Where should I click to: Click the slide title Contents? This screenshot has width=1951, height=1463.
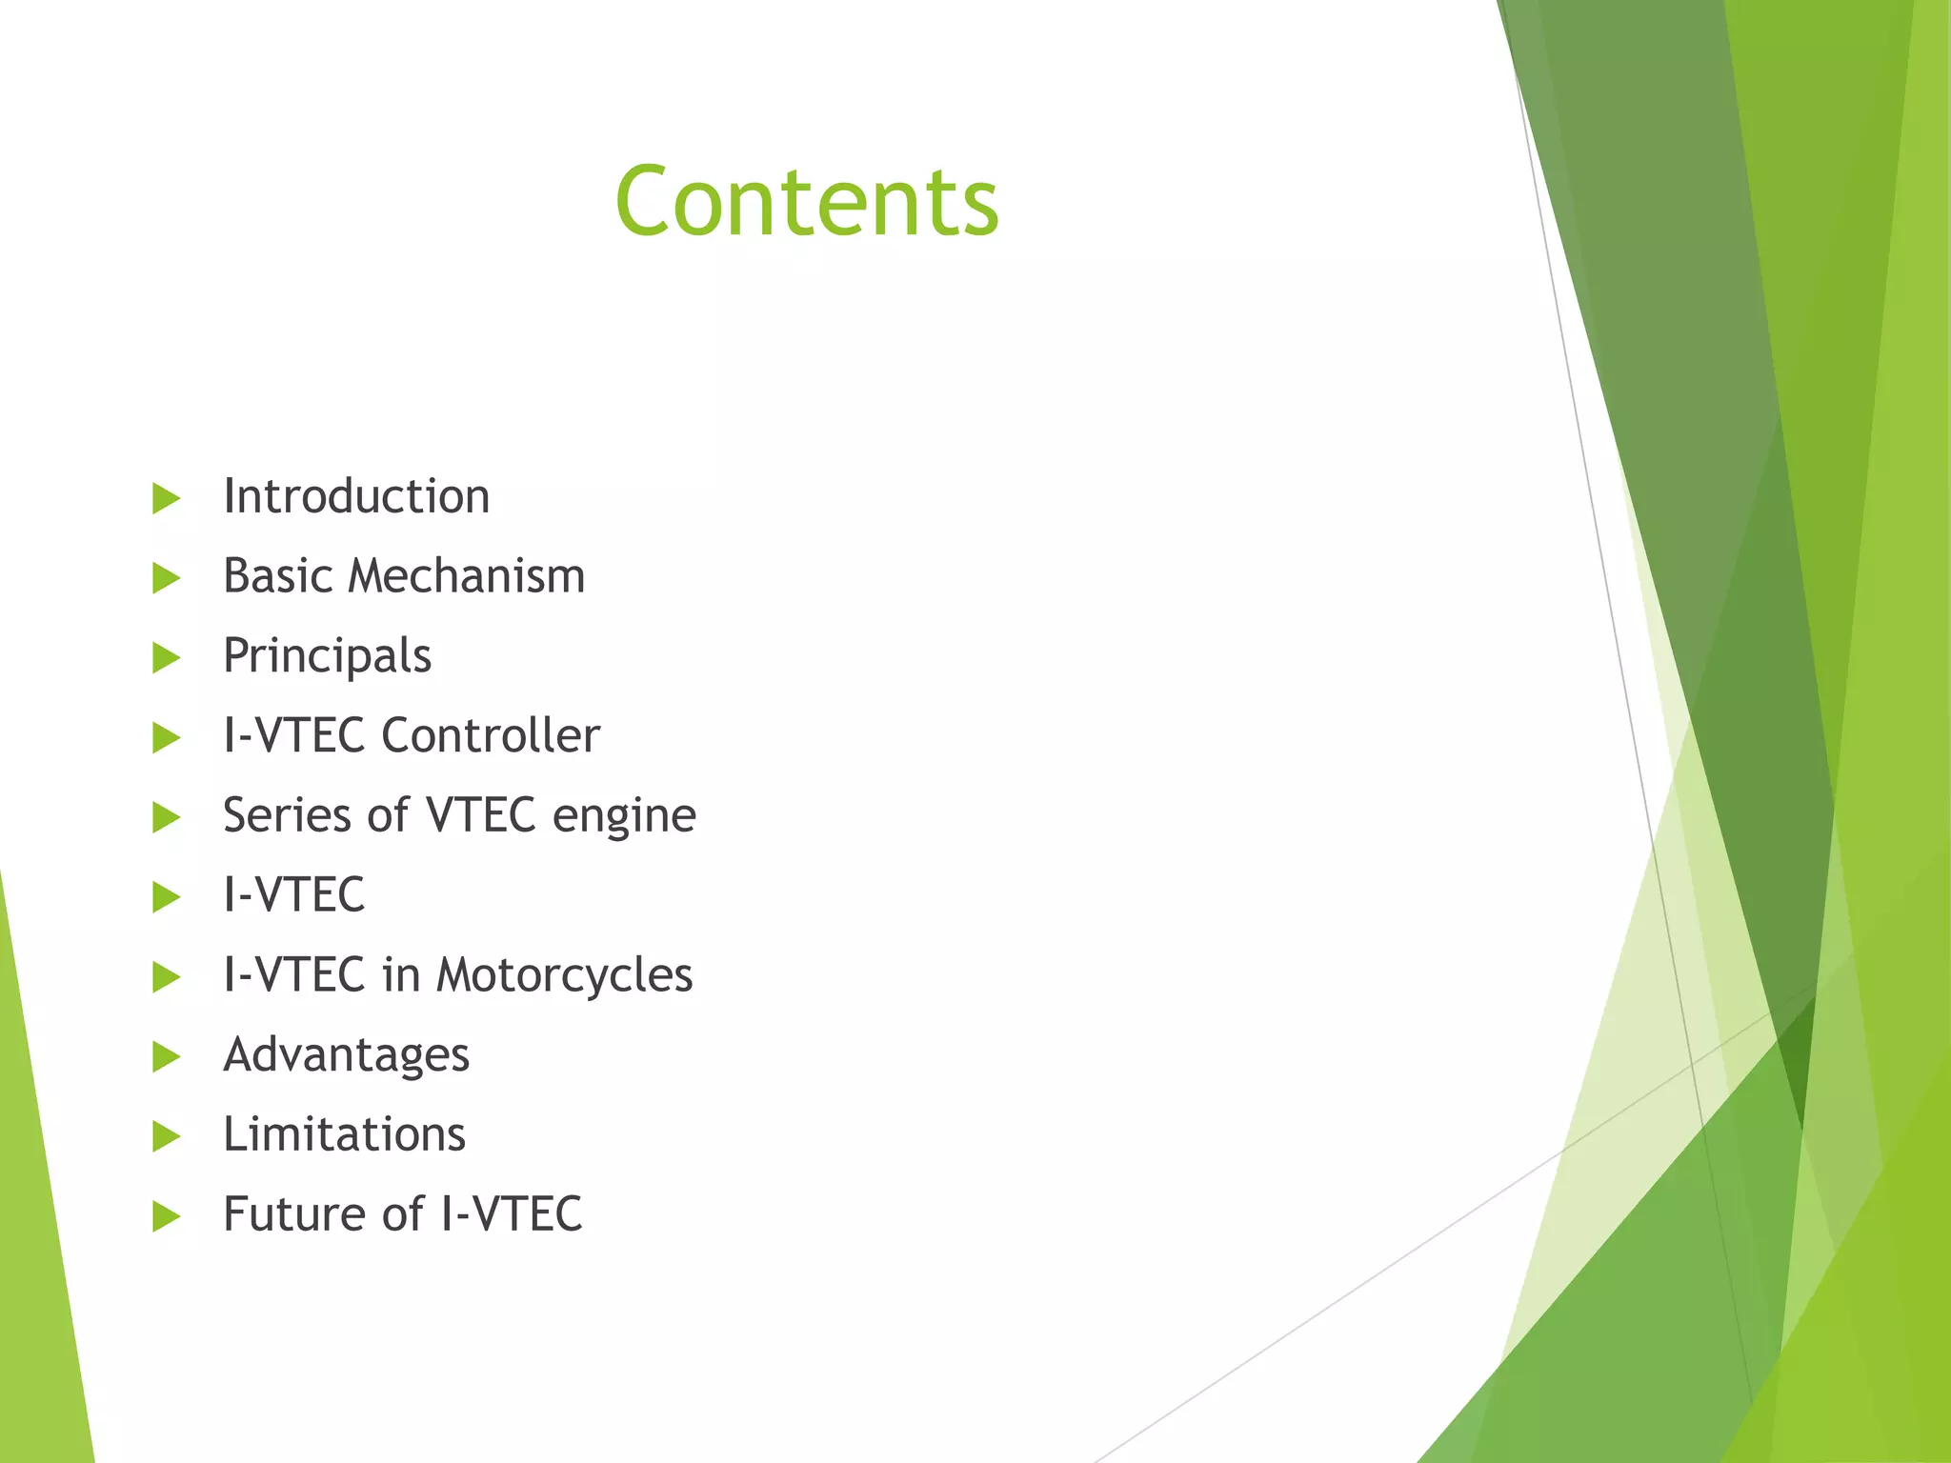[807, 201]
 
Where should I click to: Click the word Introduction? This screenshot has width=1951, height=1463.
[356, 496]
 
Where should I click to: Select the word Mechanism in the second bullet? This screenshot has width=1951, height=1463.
[466, 576]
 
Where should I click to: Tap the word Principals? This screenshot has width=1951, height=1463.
[327, 656]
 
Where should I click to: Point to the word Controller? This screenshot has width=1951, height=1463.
[491, 735]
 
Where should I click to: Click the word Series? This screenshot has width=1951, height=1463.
[287, 815]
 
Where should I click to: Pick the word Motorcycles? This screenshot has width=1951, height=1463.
[565, 975]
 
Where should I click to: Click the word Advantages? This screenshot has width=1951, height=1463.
[346, 1055]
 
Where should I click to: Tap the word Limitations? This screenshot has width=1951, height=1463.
[344, 1134]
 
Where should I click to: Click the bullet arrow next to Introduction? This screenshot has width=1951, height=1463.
[166, 498]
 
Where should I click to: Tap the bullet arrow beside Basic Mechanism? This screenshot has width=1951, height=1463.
[166, 578]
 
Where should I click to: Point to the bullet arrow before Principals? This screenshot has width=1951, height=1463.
[166, 658]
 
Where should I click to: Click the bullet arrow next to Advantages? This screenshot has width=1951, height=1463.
[166, 1056]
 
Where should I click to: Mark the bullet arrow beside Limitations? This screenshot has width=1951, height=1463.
[166, 1136]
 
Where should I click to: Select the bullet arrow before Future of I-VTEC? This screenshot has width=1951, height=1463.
[166, 1216]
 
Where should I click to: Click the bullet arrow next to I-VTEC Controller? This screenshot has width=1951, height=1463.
[166, 737]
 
